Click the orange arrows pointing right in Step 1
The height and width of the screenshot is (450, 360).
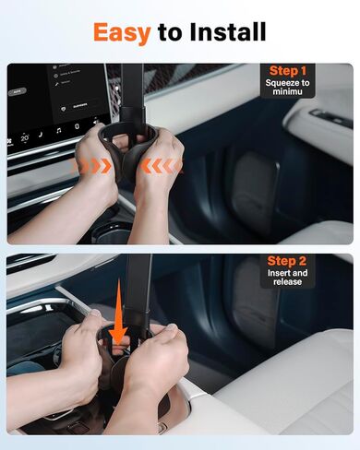(x=92, y=166)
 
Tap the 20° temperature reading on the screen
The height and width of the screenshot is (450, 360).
(x=25, y=137)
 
